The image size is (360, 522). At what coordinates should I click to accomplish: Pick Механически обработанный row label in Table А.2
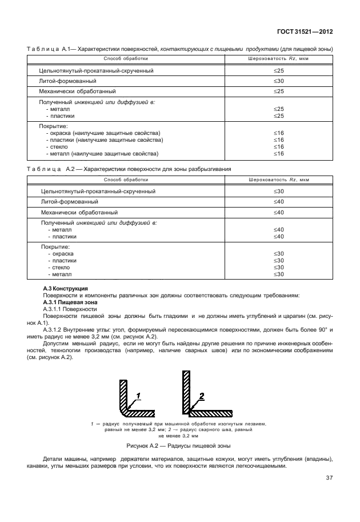(x=70, y=212)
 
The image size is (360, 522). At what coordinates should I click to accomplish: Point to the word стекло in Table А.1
(x=55, y=147)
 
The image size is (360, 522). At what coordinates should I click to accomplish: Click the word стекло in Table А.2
(x=59, y=268)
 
